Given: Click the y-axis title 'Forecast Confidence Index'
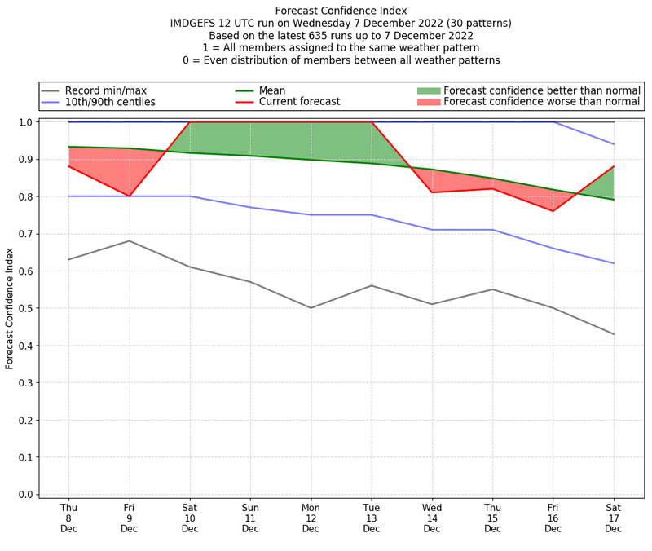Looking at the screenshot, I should pyautogui.click(x=10, y=308).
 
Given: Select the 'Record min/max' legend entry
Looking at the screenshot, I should pyautogui.click(x=105, y=90).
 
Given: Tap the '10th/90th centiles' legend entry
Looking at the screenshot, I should pyautogui.click(x=110, y=102).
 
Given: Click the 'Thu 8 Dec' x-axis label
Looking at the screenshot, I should pyautogui.click(x=68, y=518).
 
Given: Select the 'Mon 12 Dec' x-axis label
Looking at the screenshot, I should pyautogui.click(x=311, y=518).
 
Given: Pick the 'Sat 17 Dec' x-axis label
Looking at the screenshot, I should pyautogui.click(x=614, y=518).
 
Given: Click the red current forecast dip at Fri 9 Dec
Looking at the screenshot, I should pyautogui.click(x=129, y=196).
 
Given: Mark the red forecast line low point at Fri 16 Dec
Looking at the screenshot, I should pyautogui.click(x=553, y=211).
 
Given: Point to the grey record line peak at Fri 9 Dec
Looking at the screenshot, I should pyautogui.click(x=129, y=241).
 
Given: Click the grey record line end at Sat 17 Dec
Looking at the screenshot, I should pyautogui.click(x=614, y=334).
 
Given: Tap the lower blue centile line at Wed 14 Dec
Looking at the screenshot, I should pyautogui.click(x=432, y=230).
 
